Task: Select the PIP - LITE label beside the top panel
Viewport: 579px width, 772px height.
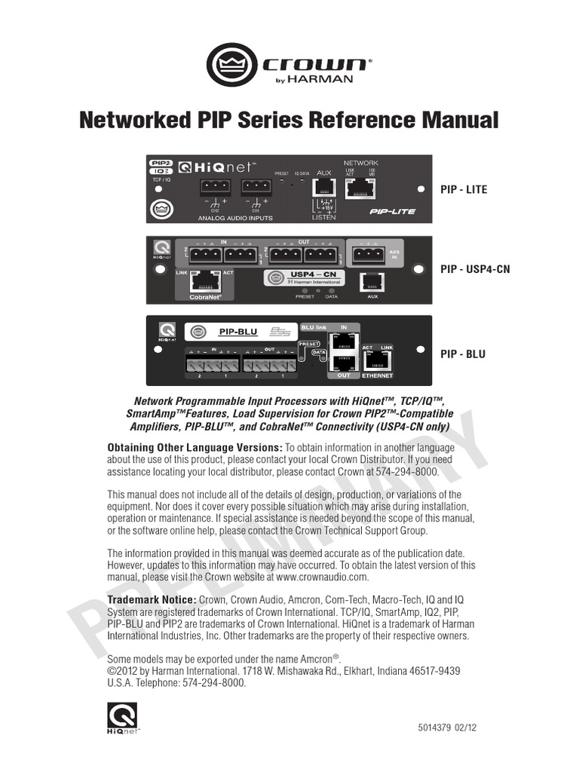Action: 464,189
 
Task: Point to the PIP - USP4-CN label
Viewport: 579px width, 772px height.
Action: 475,269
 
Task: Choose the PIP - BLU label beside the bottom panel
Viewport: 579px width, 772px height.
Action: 463,354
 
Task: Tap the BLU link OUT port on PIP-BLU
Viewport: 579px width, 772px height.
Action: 343,363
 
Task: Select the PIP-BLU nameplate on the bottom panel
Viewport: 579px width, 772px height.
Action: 238,331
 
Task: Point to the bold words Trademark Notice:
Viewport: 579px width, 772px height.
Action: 152,599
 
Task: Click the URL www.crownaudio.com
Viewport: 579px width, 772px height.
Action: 322,577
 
